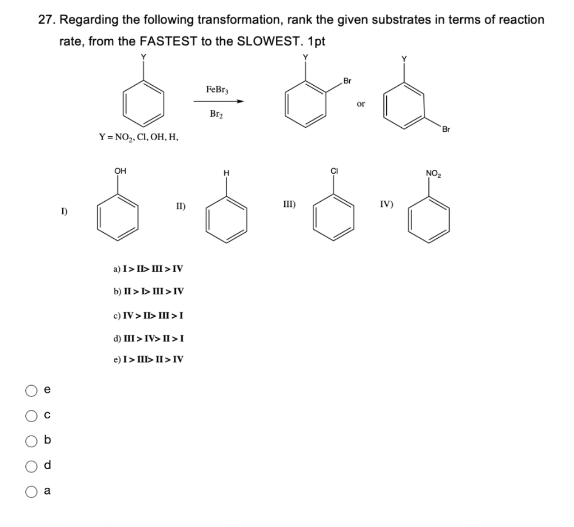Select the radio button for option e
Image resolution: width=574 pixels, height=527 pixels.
coord(29,390)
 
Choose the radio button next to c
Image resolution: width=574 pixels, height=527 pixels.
coord(29,415)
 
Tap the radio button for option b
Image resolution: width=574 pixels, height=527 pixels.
coord(29,441)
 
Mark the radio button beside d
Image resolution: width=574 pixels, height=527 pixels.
coord(29,466)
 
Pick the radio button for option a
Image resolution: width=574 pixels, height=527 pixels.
coord(29,491)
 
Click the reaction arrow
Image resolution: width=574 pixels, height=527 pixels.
coord(219,101)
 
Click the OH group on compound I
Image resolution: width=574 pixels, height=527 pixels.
coord(119,171)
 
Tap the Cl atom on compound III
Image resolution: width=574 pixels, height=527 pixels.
coord(334,171)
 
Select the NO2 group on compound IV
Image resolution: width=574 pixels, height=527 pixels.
coord(432,172)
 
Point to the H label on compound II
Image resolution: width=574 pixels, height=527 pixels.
coord(226,173)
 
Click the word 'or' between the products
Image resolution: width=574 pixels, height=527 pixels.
coord(360,104)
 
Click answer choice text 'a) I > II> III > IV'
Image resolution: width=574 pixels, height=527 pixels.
coord(148,269)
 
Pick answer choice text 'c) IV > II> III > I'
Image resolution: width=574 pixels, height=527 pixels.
coord(148,315)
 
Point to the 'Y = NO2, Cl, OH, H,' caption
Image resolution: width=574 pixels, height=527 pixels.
coord(138,136)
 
